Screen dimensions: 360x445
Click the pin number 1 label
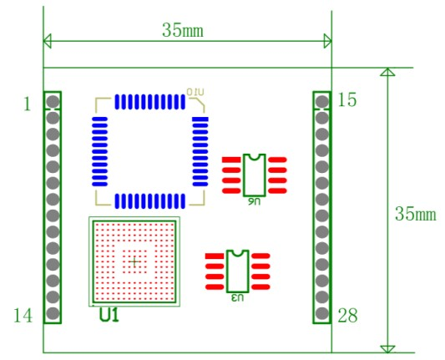tap(27, 104)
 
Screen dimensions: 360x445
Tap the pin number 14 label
tap(23, 315)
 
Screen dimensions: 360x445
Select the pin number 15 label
tap(347, 100)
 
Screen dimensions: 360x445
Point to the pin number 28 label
tap(347, 315)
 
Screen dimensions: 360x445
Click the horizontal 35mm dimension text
tap(183, 30)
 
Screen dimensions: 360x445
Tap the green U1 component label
tap(109, 317)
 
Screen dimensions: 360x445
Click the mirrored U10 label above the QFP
tap(195, 90)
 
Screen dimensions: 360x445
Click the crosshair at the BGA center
tap(134, 261)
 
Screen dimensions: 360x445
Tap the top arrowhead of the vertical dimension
tap(387, 73)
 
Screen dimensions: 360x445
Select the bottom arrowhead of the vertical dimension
tap(387, 347)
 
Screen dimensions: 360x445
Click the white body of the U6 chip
tap(255, 175)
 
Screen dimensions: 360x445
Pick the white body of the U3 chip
tap(238, 269)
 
